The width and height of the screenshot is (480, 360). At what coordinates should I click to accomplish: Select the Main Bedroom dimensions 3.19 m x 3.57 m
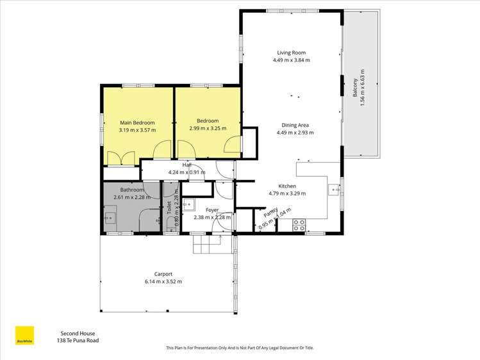coord(137,129)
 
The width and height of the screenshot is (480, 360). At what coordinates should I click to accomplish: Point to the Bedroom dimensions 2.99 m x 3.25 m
coord(208,128)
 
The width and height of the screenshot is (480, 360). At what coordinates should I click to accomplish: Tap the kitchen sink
coord(333,189)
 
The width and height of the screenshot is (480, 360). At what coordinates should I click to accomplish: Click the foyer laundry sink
coord(190,204)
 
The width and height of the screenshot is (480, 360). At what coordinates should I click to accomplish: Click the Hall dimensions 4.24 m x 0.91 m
coord(187,172)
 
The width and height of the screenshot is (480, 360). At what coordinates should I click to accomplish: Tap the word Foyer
coord(212,209)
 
